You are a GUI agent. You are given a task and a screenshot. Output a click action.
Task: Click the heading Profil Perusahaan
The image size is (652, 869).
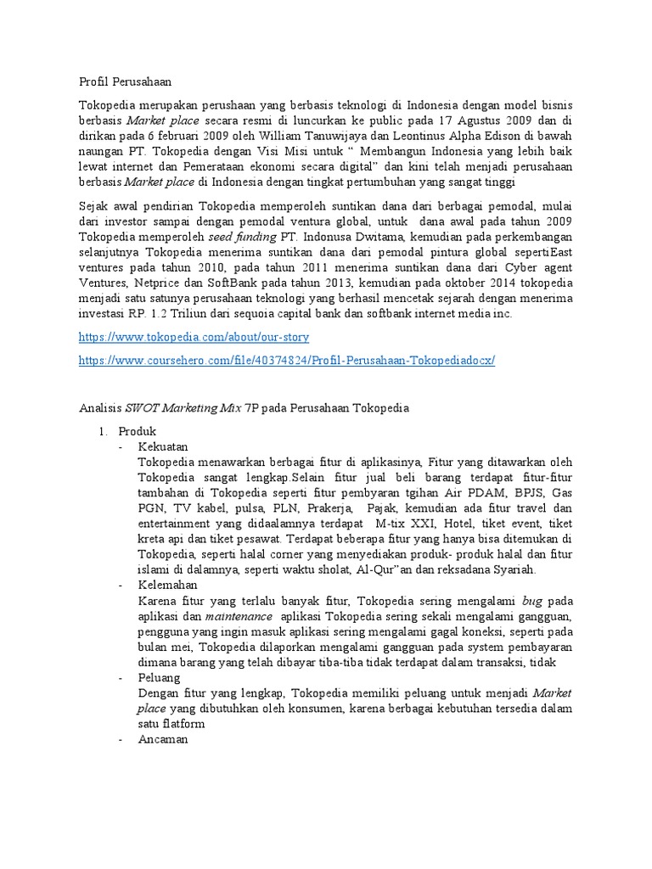[125, 81]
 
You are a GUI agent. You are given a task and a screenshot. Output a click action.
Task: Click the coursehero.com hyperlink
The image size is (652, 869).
[286, 360]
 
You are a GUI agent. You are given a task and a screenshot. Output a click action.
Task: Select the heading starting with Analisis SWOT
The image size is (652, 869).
[244, 408]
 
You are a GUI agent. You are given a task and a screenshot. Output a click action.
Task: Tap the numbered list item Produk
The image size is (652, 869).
[137, 431]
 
